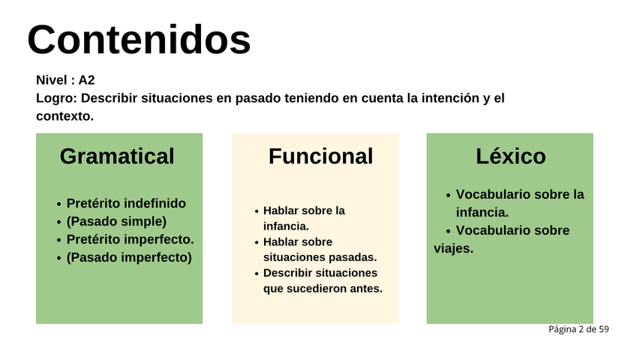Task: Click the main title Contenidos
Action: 139,40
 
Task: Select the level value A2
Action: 86,80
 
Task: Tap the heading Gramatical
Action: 117,156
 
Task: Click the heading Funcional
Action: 321,156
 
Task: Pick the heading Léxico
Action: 511,156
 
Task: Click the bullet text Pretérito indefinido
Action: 126,203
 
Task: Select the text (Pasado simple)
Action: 116,222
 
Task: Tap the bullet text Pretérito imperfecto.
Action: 131,239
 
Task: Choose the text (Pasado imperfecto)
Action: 129,257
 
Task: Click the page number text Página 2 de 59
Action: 578,329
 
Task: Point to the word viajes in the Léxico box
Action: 453,248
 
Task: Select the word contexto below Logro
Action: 65,116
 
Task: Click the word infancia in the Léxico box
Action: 482,212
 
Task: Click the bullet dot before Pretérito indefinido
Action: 59,204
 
